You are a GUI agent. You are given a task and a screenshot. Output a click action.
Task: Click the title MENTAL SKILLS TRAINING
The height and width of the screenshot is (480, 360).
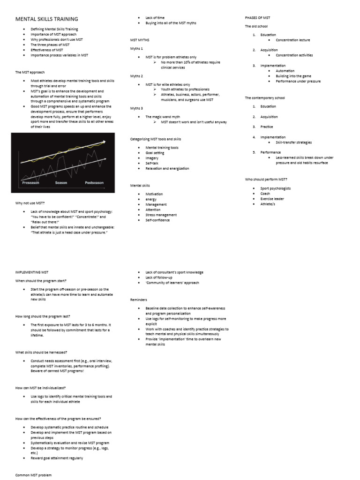click(x=47, y=19)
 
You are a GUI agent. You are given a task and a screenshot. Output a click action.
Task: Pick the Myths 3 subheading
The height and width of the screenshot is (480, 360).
click(x=136, y=108)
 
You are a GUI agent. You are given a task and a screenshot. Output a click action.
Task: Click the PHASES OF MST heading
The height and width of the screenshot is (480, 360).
click(x=257, y=17)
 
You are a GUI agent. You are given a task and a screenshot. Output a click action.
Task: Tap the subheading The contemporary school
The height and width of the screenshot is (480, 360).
click(x=265, y=98)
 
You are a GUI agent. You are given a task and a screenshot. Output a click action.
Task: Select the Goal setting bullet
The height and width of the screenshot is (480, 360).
click(x=155, y=153)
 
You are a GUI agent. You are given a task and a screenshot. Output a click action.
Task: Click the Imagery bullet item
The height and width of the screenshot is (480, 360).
click(x=152, y=158)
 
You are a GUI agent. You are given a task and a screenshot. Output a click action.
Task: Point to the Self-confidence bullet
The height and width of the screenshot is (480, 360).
click(x=157, y=220)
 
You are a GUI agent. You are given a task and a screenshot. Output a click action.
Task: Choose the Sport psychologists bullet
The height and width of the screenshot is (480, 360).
click(x=276, y=188)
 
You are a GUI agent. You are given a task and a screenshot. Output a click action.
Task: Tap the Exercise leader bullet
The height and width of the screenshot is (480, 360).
click(x=272, y=199)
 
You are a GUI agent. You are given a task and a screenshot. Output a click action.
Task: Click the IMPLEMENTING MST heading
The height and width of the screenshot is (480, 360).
click(x=32, y=272)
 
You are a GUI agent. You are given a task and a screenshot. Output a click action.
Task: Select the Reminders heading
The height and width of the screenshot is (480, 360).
click(x=138, y=300)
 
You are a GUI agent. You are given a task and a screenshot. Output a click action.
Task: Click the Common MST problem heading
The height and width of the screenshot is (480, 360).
click(x=33, y=475)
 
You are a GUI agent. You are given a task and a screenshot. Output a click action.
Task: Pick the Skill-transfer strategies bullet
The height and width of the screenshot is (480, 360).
click(x=293, y=142)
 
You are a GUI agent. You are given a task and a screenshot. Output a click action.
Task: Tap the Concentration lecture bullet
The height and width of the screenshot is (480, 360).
click(x=293, y=40)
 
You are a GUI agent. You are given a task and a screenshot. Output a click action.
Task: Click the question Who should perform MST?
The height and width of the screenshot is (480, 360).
click(x=266, y=179)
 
